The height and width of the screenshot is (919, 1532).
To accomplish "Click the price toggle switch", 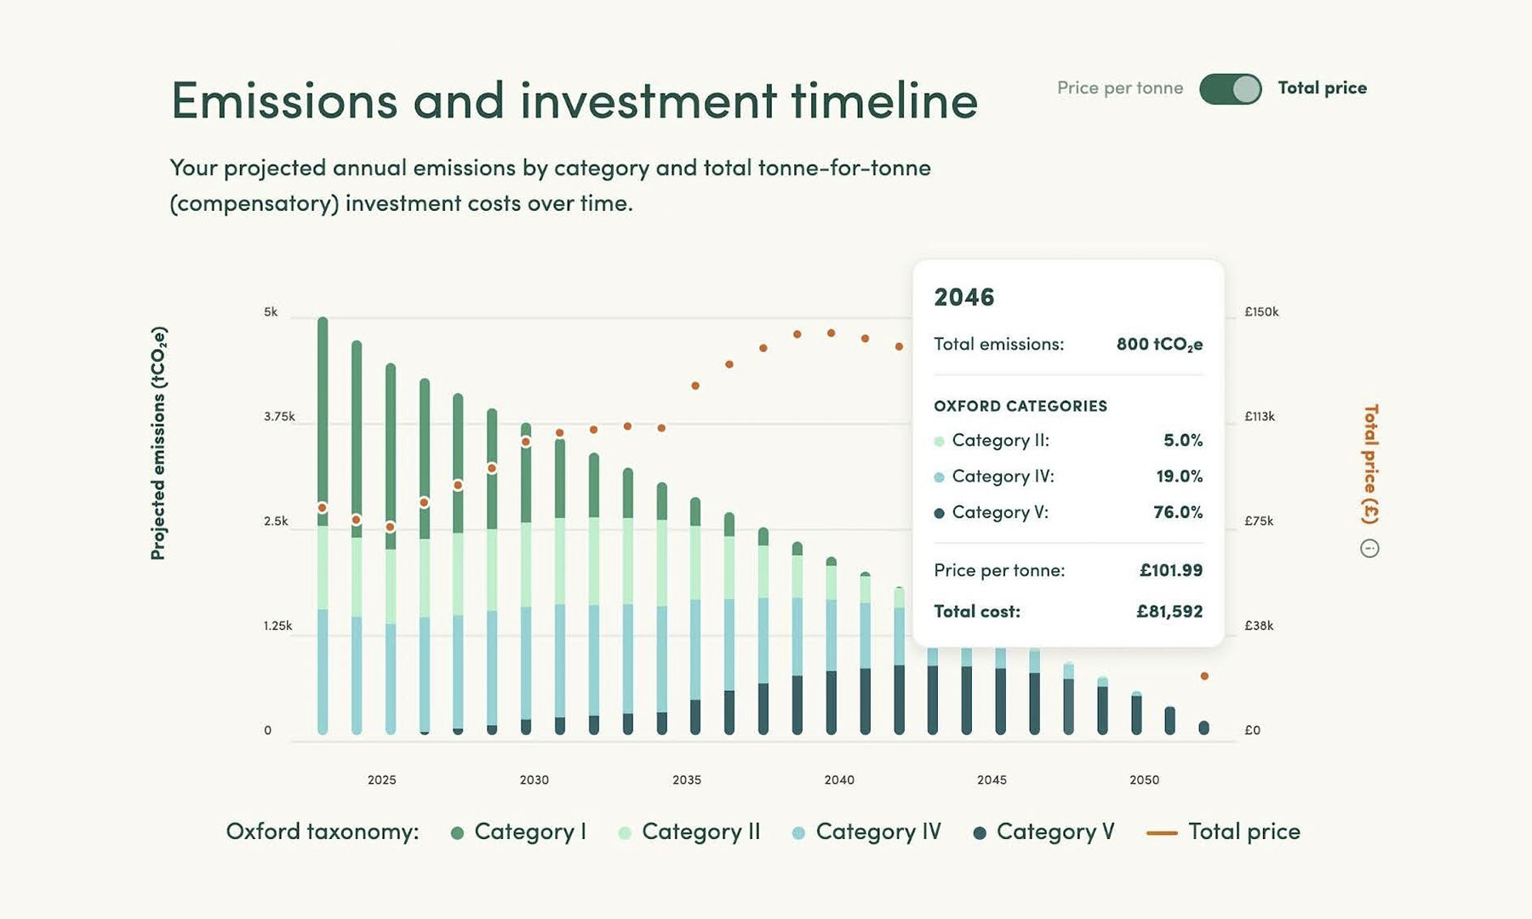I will click(x=1230, y=88).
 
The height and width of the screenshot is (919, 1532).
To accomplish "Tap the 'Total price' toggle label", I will click(x=1322, y=88).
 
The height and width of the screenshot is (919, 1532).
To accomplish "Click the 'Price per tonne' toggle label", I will click(x=1119, y=88).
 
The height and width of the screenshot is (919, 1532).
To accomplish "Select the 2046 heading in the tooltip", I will click(x=963, y=297).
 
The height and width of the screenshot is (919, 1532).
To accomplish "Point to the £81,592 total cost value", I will click(x=1169, y=611).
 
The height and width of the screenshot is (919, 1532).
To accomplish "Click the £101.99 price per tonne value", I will click(x=1170, y=570).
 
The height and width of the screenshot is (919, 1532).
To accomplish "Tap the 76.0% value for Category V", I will click(x=1178, y=512).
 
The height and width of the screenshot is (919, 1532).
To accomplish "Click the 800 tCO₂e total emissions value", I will click(x=1159, y=344).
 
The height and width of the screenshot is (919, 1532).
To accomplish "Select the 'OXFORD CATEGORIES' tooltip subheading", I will click(x=1020, y=406).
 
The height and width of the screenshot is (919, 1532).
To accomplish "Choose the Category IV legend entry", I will click(x=867, y=831).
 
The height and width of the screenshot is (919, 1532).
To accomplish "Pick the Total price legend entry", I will click(x=1224, y=831).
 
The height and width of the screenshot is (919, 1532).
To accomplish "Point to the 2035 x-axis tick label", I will click(x=687, y=779).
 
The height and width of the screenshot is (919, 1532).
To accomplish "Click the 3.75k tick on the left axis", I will click(x=279, y=417).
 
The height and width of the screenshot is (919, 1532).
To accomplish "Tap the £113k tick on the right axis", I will click(x=1260, y=417).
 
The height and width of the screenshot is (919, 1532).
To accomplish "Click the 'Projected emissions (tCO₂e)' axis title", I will click(x=158, y=443).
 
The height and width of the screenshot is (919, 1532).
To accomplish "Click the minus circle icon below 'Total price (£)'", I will click(x=1369, y=549).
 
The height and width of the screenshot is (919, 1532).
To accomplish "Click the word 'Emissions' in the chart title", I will click(x=284, y=101).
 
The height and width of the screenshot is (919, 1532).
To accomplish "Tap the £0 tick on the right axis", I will click(x=1252, y=730).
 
